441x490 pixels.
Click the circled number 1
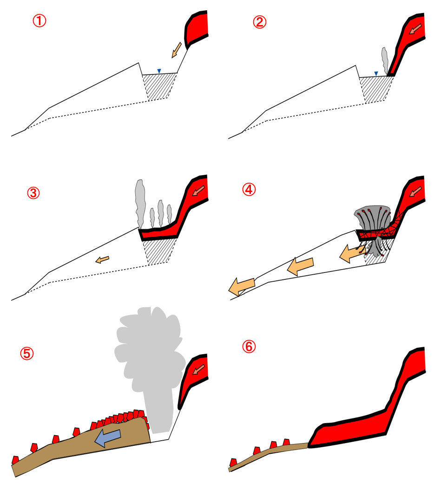39,21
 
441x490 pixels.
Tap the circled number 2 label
260,22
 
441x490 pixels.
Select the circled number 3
33,193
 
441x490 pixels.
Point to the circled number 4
249,189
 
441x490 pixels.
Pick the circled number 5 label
27,353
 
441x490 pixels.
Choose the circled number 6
249,346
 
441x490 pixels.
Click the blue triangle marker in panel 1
159,71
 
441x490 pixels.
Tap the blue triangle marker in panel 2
376,73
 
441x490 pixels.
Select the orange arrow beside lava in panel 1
177,50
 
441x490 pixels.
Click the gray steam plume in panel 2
385,61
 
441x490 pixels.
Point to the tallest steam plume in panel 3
140,203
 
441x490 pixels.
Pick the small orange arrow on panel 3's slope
102,259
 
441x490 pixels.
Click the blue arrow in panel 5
108,437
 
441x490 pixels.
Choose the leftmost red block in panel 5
15,460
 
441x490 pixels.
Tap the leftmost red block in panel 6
233,463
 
